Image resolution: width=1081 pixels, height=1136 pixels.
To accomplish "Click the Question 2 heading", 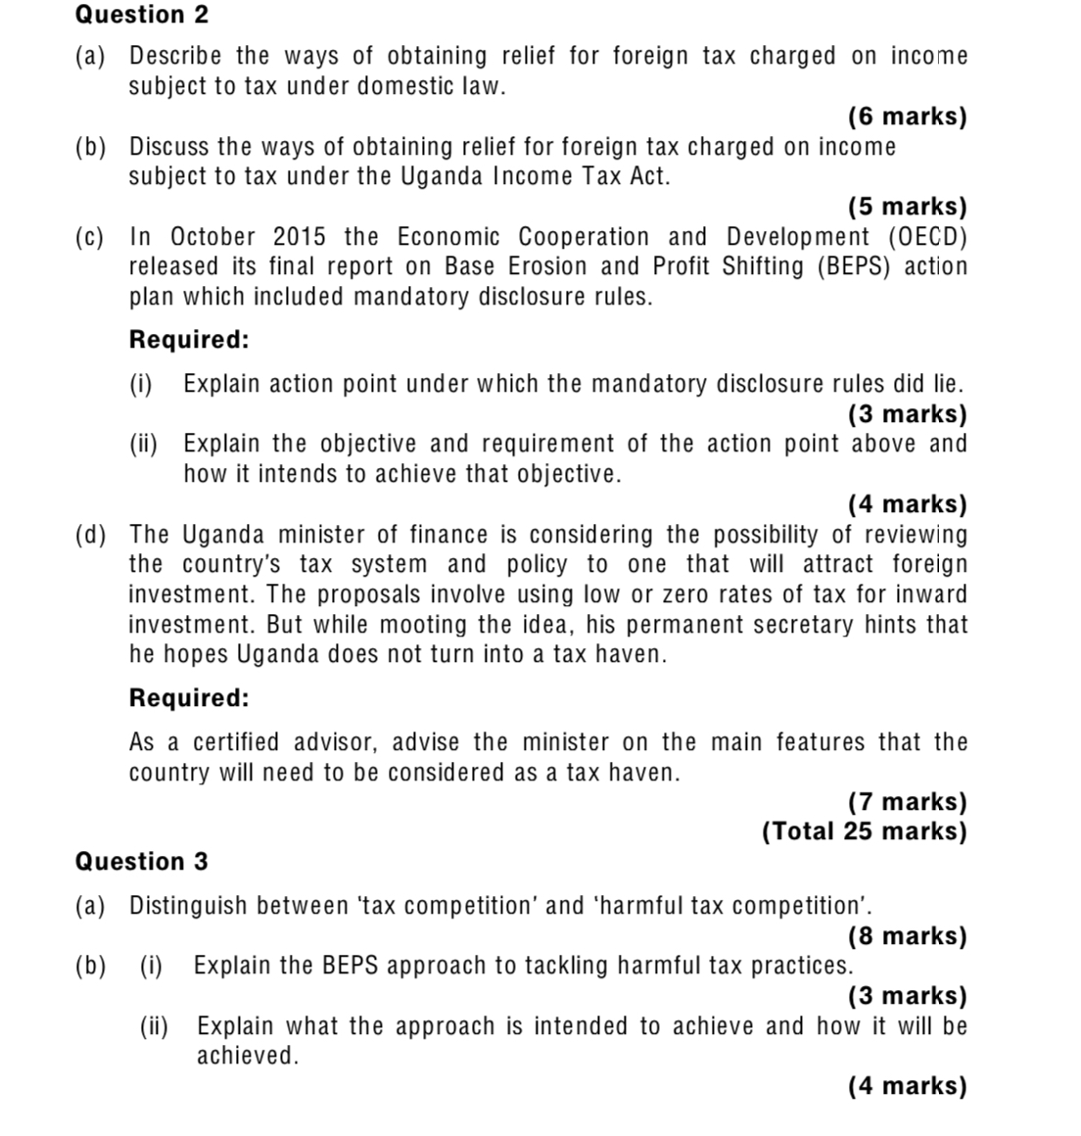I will coord(142,15).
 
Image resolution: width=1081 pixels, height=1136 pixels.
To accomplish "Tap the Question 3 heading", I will coord(142,862).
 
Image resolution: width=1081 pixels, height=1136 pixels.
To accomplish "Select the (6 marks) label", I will coord(908,117).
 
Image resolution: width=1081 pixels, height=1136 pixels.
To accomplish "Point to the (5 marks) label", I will coord(908,207).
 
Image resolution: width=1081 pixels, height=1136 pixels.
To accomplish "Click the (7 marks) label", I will coord(908,802).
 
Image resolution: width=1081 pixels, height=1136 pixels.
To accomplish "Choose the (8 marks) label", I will coord(908,936).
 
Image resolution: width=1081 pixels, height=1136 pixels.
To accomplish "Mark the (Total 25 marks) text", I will coord(865,831).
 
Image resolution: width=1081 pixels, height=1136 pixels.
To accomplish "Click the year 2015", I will coord(299,237).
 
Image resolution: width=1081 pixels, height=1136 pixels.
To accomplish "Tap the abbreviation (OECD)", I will coord(927,237).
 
